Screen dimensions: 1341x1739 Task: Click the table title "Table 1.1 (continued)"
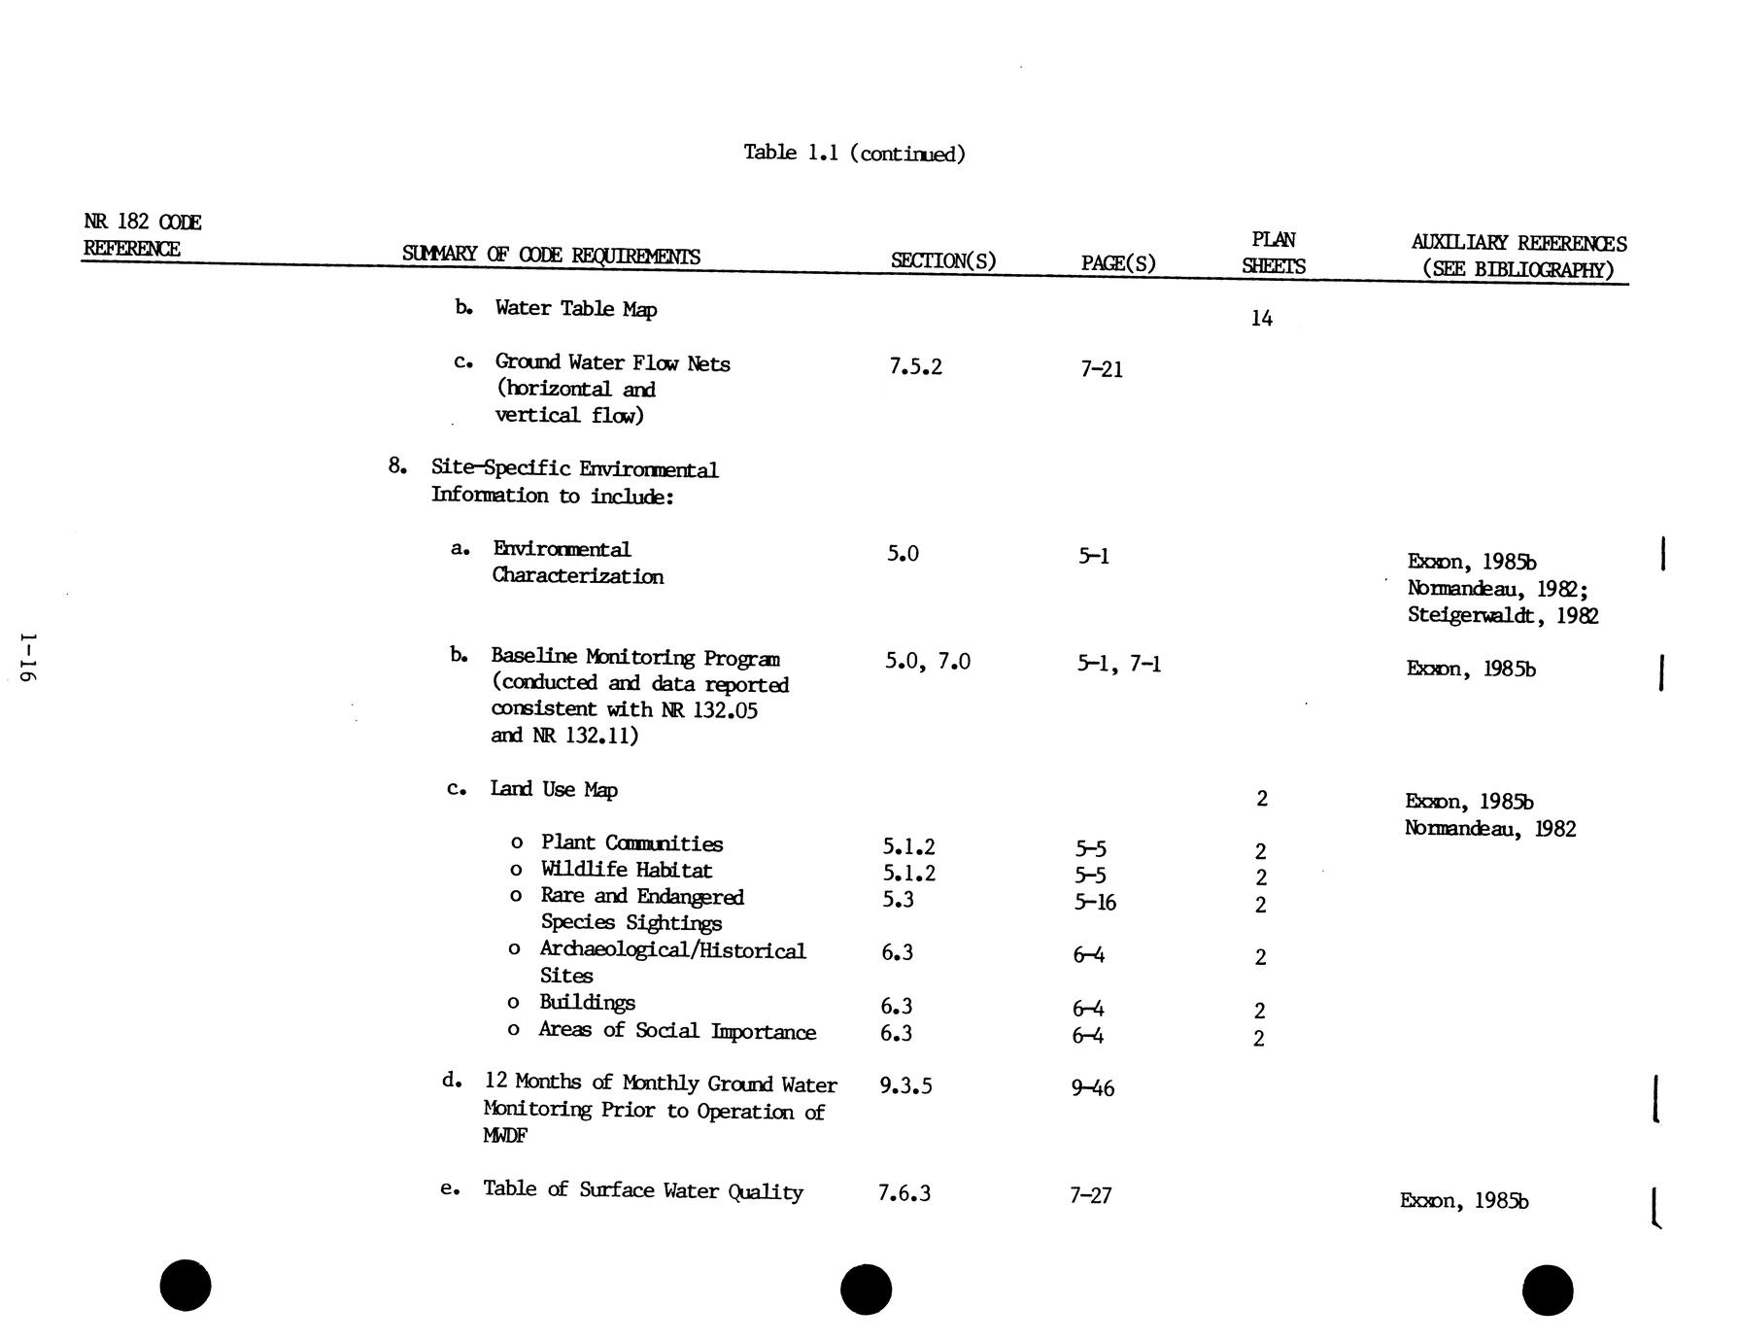[x=854, y=154]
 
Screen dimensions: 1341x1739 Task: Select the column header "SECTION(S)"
[x=942, y=260]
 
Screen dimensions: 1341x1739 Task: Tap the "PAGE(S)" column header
[x=1117, y=263]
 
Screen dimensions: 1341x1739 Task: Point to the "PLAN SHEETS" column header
[x=1273, y=253]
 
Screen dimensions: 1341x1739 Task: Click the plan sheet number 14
[x=1261, y=319]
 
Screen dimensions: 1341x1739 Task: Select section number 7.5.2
[x=915, y=366]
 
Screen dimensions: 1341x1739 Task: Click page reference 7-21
[x=1101, y=369]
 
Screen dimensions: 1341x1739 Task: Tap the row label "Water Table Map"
[x=575, y=309]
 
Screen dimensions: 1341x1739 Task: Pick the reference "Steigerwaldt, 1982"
[x=1502, y=616]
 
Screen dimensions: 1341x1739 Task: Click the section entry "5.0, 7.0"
[x=927, y=662]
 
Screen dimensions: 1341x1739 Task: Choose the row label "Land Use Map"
[x=553, y=789]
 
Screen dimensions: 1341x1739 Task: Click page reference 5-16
[x=1094, y=903]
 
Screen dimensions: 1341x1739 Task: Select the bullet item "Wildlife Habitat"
[x=626, y=871]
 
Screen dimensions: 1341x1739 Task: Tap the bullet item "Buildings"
[x=587, y=1003]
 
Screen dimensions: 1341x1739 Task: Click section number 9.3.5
[x=905, y=1085]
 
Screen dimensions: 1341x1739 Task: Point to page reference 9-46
[x=1092, y=1088]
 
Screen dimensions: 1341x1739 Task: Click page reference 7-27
[x=1090, y=1195]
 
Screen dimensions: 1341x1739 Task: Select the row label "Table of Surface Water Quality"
[x=642, y=1191]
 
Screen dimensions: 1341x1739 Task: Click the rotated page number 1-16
[x=27, y=659]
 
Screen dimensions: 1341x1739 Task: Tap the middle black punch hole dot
[x=866, y=1289]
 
